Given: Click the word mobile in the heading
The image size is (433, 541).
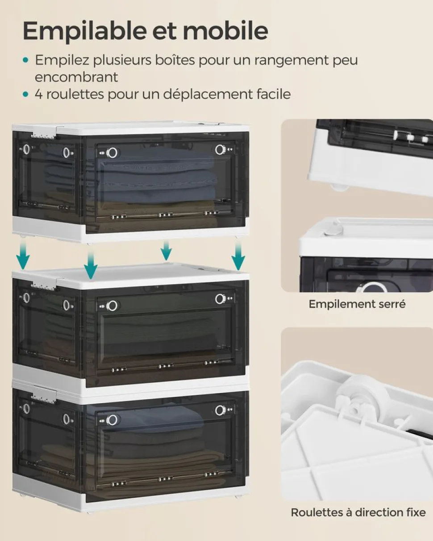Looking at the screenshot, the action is click(x=225, y=31).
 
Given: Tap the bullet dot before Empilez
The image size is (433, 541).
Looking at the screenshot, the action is click(x=25, y=60).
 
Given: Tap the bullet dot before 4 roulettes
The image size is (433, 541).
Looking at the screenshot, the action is click(x=25, y=95).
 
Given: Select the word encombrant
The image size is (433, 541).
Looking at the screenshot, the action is click(x=76, y=77).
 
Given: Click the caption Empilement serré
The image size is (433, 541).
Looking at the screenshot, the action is click(x=357, y=304).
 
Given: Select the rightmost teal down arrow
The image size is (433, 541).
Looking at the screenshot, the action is click(x=238, y=256).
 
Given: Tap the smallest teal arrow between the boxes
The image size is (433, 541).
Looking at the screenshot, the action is click(x=166, y=250).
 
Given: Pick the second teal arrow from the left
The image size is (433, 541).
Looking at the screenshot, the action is click(x=91, y=265).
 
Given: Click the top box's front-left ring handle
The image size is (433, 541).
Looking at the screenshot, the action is click(x=112, y=152).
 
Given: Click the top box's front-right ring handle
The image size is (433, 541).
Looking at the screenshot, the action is click(x=220, y=149).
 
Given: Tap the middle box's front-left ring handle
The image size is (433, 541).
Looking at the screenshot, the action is click(x=112, y=306).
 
